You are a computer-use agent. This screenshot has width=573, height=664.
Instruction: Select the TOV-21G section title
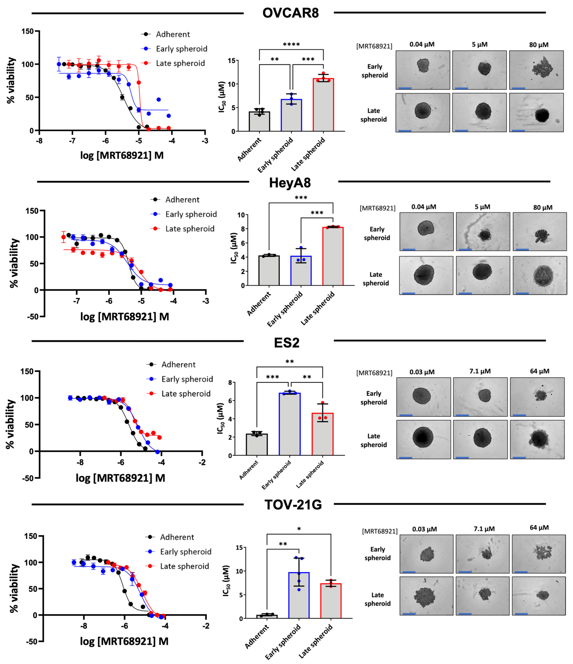pyautogui.click(x=293, y=505)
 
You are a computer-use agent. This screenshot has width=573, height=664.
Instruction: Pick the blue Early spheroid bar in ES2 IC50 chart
pyautogui.click(x=290, y=425)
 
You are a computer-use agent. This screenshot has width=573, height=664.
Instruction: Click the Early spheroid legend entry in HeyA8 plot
pyautogui.click(x=191, y=214)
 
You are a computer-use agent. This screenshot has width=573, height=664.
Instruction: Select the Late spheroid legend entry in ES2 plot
pyautogui.click(x=186, y=394)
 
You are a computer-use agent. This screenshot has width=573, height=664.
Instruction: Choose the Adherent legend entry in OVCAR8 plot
pyautogui.click(x=173, y=34)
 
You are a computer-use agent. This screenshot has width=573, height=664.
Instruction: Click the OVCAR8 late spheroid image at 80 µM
pyautogui.click(x=536, y=113)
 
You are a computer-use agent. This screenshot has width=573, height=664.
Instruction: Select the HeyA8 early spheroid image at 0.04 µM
pyautogui.click(x=426, y=231)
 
